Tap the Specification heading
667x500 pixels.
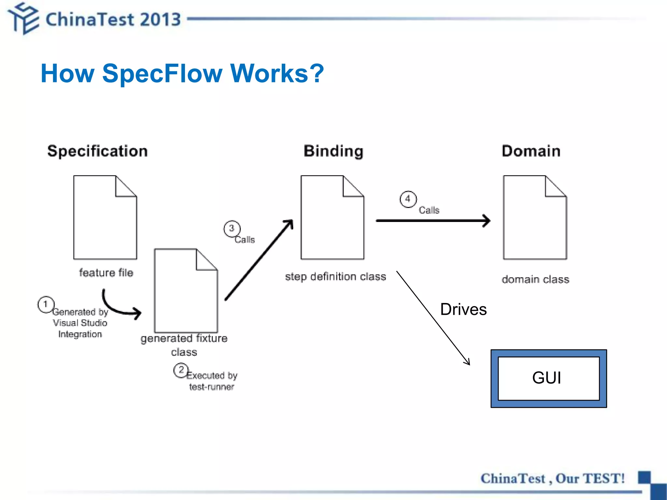click(x=97, y=151)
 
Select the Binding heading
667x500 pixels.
click(x=333, y=151)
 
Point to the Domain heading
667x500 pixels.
click(x=531, y=151)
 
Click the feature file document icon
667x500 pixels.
click(x=105, y=217)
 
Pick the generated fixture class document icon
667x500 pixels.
click(x=186, y=291)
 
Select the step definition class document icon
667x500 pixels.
click(x=332, y=217)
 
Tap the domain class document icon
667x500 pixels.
click(x=535, y=217)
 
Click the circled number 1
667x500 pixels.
click(x=46, y=304)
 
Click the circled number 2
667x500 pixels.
click(x=181, y=370)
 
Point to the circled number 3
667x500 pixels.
click(x=232, y=229)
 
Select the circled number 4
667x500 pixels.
click(x=408, y=199)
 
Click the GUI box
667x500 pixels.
click(x=548, y=378)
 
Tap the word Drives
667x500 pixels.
click(x=463, y=309)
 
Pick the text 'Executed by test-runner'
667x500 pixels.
click(x=212, y=381)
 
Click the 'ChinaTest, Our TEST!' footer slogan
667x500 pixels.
click(x=552, y=479)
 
